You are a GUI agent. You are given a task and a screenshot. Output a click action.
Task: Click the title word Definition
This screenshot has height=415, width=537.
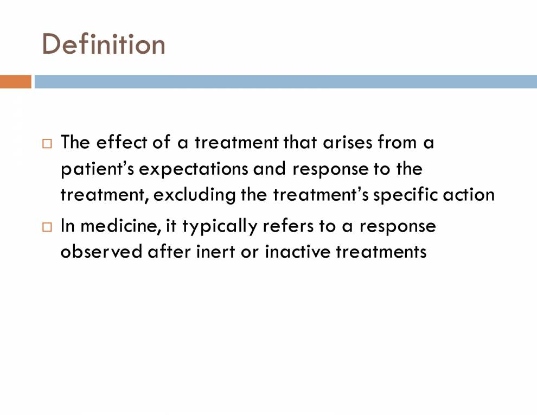click(104, 44)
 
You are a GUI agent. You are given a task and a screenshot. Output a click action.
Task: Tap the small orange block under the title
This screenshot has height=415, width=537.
click(15, 81)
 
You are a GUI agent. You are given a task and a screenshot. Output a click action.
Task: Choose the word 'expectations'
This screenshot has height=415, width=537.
click(195, 169)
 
